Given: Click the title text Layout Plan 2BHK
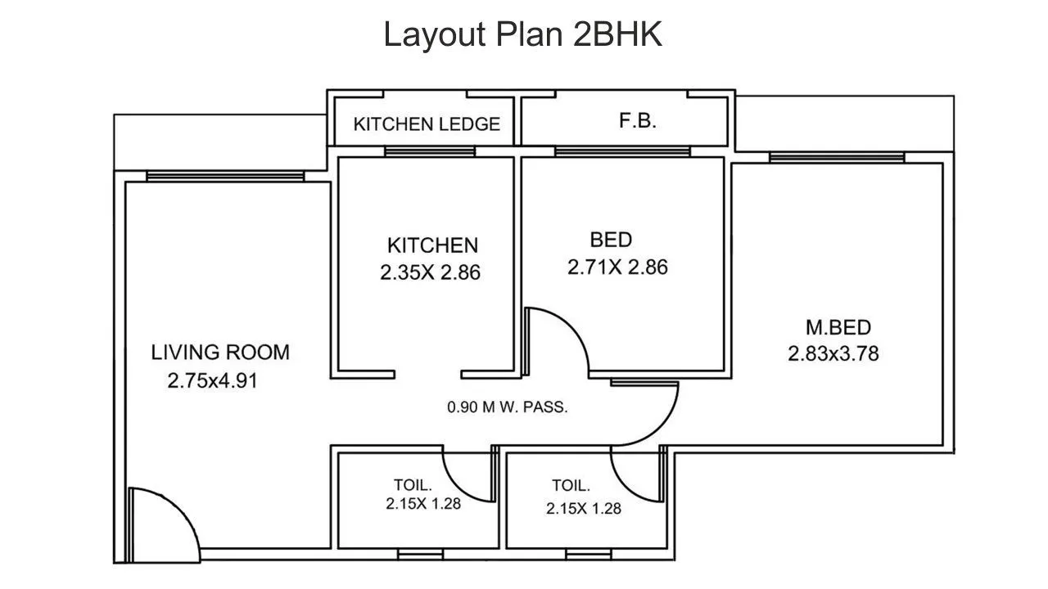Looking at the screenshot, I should point(523,35).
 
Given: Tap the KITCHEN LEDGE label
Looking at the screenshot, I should point(427,124).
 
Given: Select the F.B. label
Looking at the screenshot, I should point(637,122).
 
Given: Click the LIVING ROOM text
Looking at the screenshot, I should point(220,353).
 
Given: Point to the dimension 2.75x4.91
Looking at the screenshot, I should point(212,380).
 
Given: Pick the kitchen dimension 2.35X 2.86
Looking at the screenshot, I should point(430,273).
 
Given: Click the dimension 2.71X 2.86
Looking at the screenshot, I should point(617,268).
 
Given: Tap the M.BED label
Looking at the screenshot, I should point(838,328).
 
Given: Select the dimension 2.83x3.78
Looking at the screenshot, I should point(833,354).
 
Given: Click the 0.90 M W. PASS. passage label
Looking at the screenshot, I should point(507,407).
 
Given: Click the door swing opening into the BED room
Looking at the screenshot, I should point(557,339).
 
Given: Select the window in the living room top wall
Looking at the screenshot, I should point(225,176).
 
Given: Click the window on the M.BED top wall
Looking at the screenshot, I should point(837,157).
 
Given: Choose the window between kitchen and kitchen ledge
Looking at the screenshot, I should point(430,151).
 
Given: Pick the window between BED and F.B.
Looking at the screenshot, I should point(622,151).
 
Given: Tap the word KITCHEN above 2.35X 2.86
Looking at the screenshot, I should point(432,245).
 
